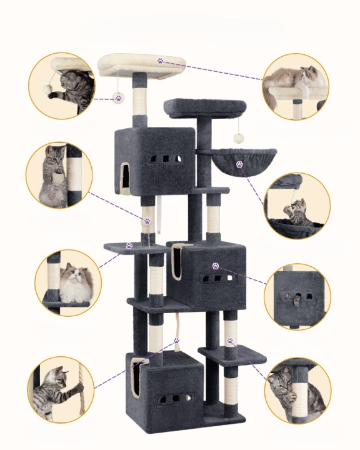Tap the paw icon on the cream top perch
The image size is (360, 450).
pyautogui.click(x=161, y=61)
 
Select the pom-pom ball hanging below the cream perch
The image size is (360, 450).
pyautogui.click(x=117, y=98)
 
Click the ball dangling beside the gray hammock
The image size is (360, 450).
pyautogui.click(x=238, y=138)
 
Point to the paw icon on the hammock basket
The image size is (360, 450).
pyautogui.click(x=239, y=164)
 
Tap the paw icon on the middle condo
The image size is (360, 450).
pyautogui.click(x=216, y=266)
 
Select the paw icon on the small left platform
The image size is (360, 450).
pyautogui.click(x=129, y=246)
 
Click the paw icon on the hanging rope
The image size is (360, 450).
pyautogui.click(x=177, y=341)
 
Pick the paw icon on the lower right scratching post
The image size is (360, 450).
pyautogui.click(x=230, y=341)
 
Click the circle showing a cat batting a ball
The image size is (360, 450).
pyautogui.click(x=61, y=85)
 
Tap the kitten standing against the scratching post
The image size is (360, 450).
pyautogui.click(x=54, y=175)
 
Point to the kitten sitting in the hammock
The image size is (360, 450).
pyautogui.click(x=299, y=212)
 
